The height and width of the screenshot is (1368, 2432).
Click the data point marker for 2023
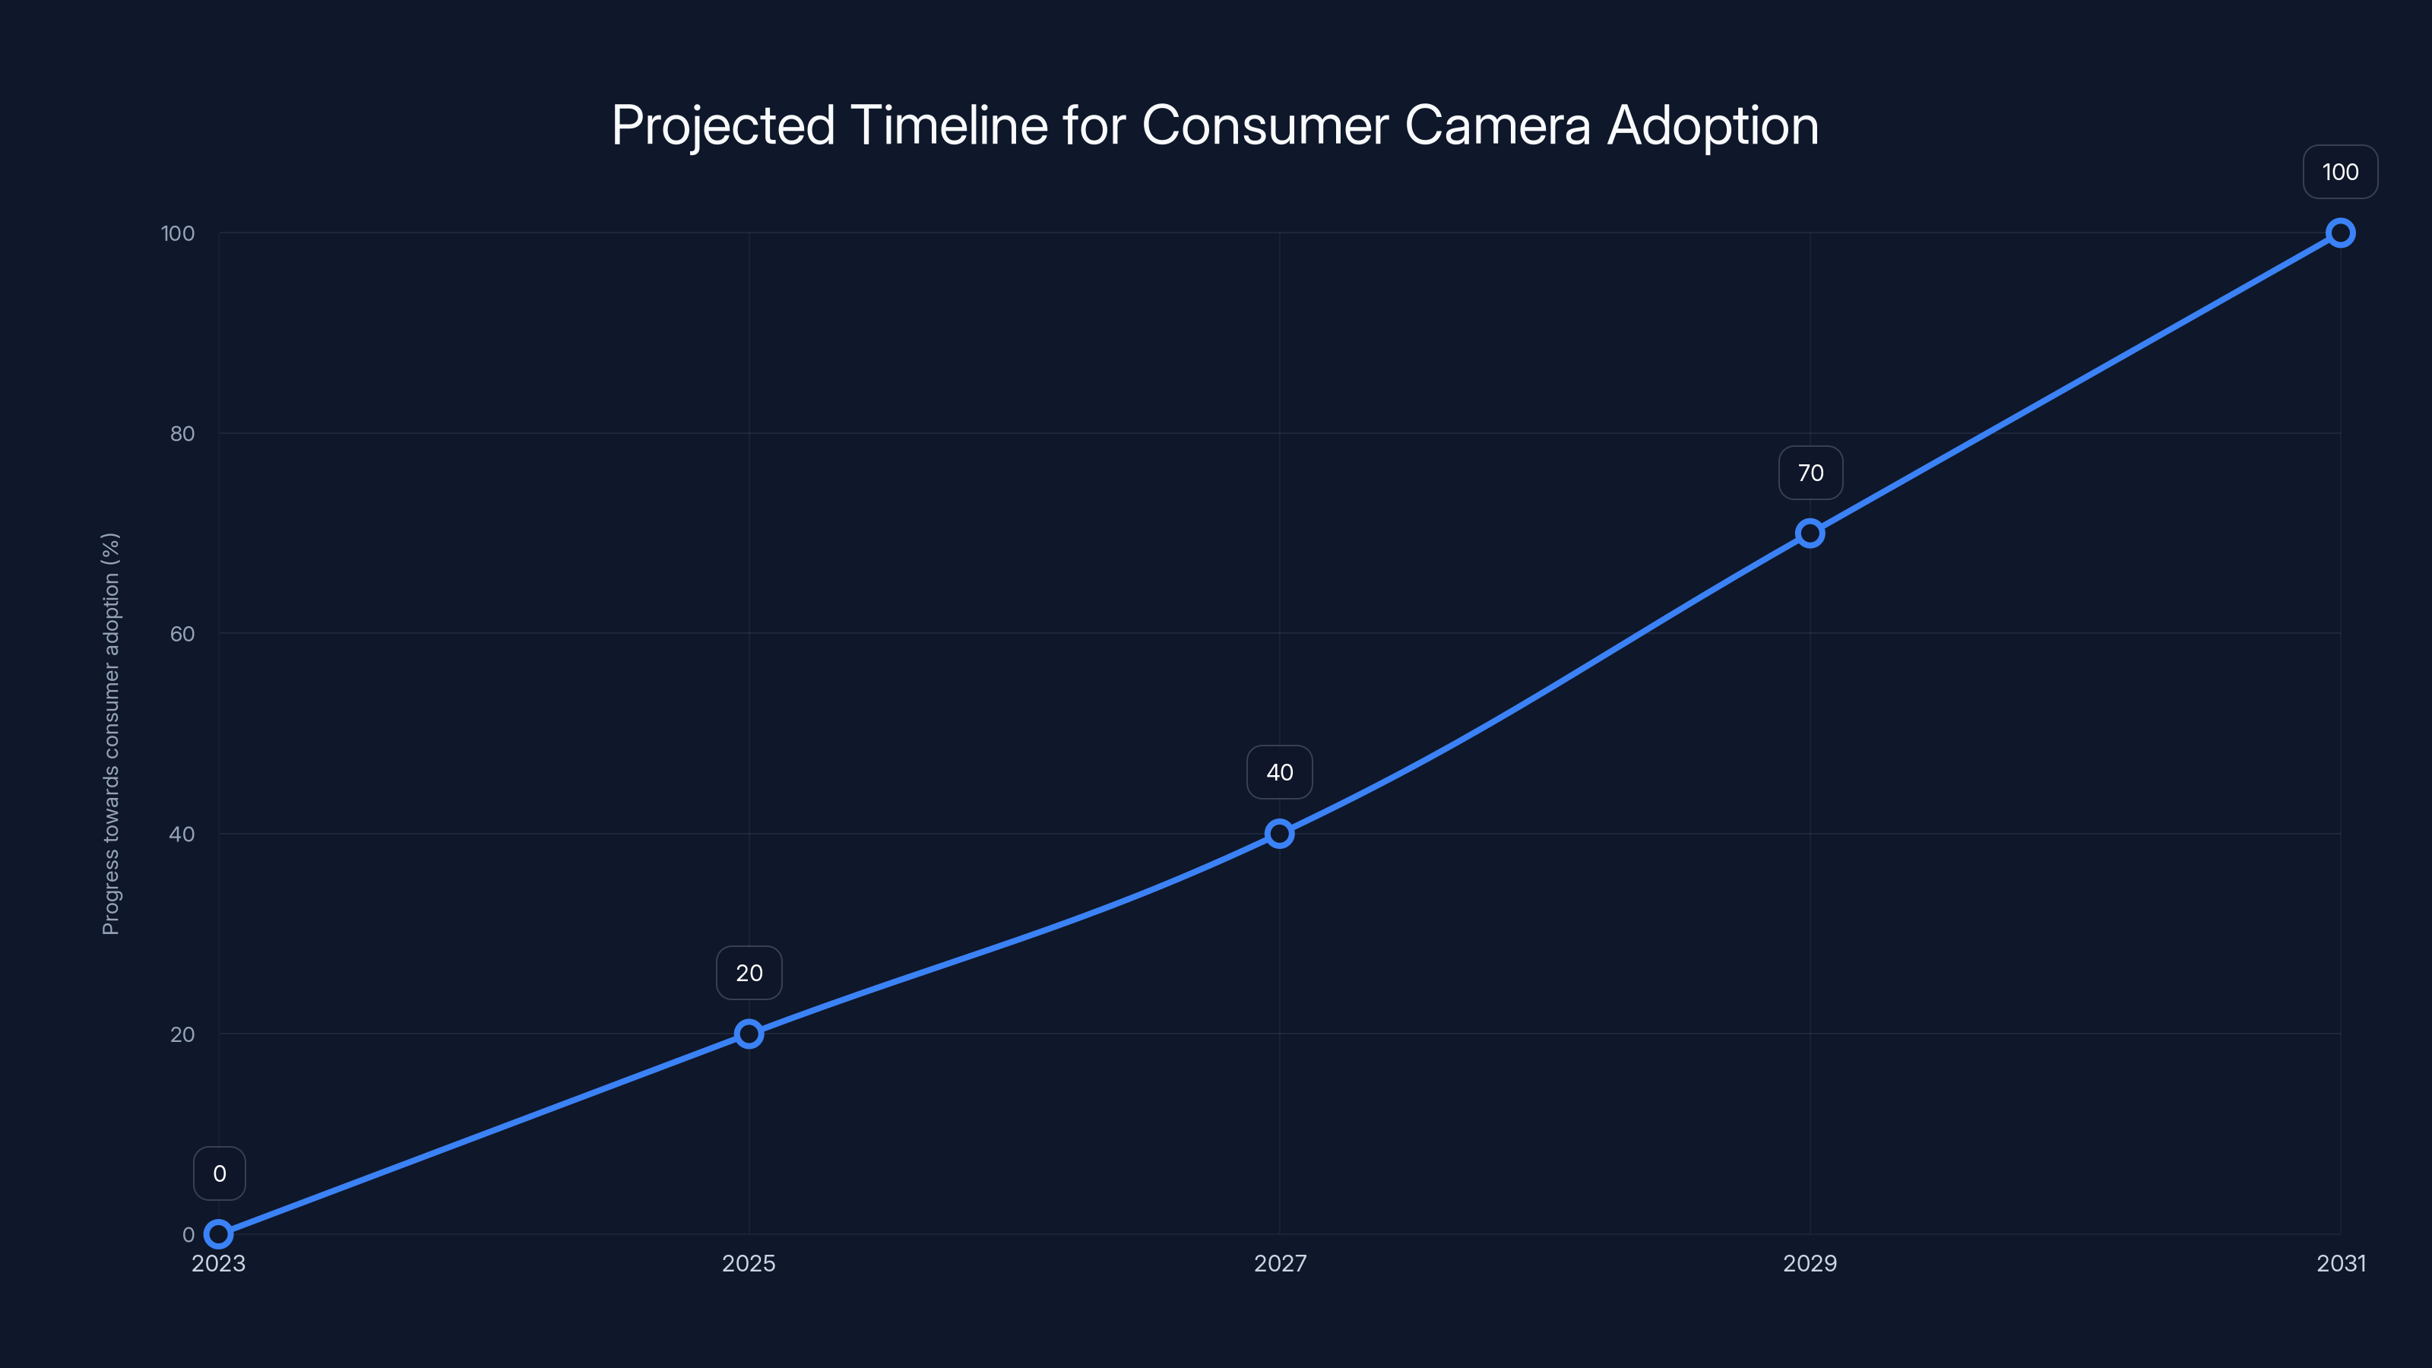coord(218,1234)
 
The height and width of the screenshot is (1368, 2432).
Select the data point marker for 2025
coord(749,1034)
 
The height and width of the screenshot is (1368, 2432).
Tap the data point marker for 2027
coord(1279,834)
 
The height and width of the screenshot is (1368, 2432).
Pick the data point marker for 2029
coord(1810,534)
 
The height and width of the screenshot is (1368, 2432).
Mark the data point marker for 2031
coord(2341,233)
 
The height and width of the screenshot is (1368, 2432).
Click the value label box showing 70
coord(1810,473)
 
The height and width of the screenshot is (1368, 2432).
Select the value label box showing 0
coord(219,1173)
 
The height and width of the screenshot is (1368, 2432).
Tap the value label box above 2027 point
coord(1279,772)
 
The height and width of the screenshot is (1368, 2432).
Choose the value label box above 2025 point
coord(749,974)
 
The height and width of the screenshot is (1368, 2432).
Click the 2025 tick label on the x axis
coord(749,1263)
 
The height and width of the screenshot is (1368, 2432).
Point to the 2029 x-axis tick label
coord(1810,1263)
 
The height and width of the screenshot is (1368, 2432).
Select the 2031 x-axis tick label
coord(2341,1263)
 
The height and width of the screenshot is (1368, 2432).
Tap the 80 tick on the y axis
coord(182,434)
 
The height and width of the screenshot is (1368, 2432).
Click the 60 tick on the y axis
coord(182,635)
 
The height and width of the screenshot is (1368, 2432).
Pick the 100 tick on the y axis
coord(178,233)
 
